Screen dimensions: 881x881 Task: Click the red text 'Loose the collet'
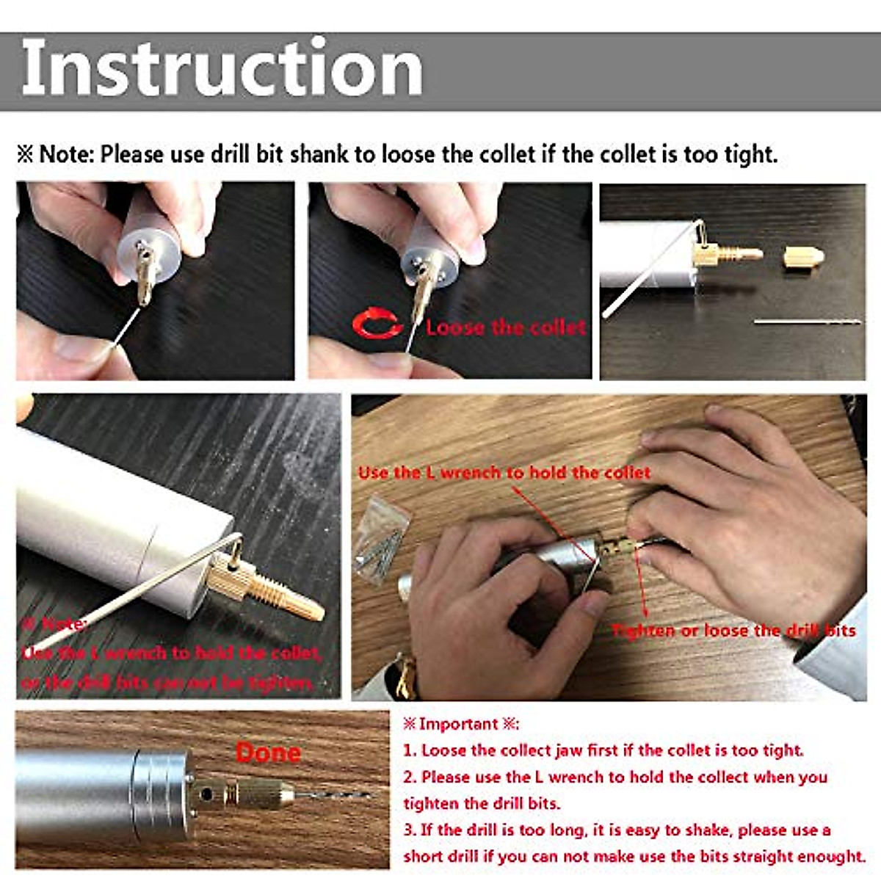505,327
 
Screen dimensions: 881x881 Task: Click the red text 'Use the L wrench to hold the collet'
504,473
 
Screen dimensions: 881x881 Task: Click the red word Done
268,753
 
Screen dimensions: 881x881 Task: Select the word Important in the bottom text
458,724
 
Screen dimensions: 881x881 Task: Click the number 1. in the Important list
410,750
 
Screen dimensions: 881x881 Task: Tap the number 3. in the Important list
410,830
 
